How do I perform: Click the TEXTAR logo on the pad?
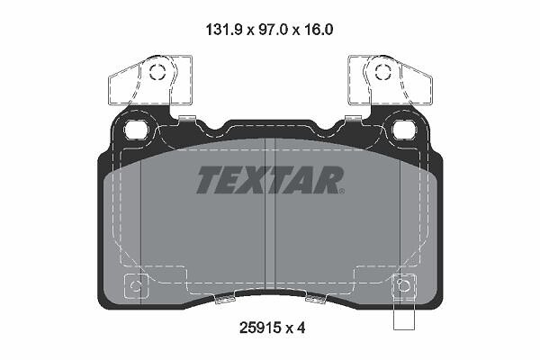tap(270, 179)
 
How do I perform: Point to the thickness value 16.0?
tap(319, 30)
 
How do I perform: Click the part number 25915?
tap(260, 328)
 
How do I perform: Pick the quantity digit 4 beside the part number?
tap(301, 328)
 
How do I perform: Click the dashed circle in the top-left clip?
tap(157, 72)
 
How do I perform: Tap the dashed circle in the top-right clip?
tap(383, 72)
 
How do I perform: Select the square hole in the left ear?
tap(136, 130)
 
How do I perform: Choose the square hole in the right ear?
tap(404, 130)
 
